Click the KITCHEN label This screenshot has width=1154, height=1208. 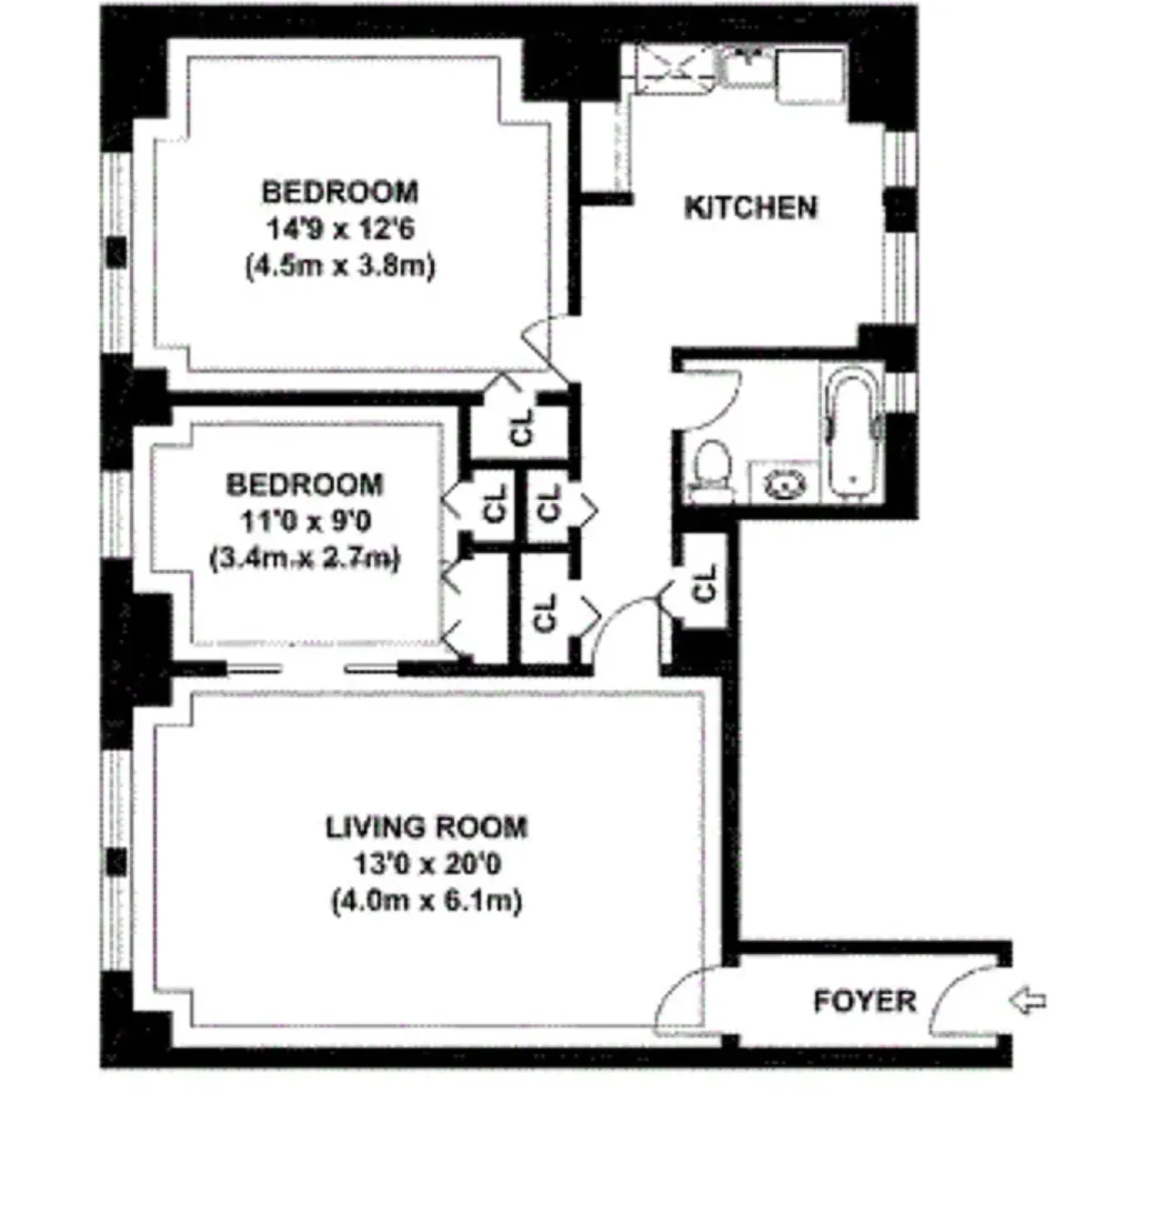(x=750, y=208)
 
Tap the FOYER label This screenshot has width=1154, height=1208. (x=864, y=1001)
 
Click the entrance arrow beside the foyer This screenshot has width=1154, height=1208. (x=1027, y=1001)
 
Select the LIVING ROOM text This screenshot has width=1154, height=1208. (x=427, y=827)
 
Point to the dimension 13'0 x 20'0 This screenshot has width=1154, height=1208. (x=427, y=864)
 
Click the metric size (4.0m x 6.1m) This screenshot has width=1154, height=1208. (x=427, y=902)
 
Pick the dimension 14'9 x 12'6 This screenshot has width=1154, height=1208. (x=340, y=229)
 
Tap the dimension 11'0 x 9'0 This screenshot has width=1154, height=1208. (x=304, y=522)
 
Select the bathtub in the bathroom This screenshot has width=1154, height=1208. (x=852, y=433)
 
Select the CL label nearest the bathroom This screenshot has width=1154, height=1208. (x=705, y=584)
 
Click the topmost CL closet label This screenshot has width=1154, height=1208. (x=521, y=426)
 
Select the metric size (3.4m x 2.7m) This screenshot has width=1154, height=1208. (x=304, y=558)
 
